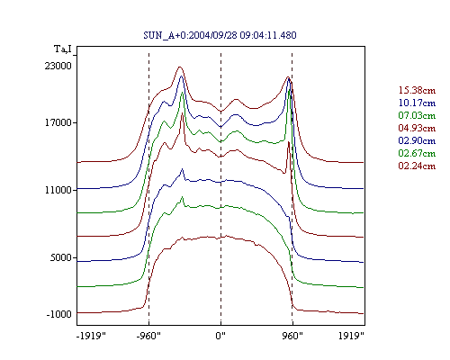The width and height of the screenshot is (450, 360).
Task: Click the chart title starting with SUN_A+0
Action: coord(220,35)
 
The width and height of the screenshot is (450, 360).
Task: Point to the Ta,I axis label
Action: coord(63,49)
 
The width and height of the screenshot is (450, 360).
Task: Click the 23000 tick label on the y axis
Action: coord(58,66)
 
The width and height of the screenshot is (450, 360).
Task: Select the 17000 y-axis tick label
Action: coord(58,122)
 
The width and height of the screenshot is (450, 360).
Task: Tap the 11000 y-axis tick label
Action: coord(58,190)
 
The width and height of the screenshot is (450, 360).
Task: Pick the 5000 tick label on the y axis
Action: coord(60,257)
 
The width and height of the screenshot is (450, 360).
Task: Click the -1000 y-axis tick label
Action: coord(58,314)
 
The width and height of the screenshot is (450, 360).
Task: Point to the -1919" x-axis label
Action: coord(91,336)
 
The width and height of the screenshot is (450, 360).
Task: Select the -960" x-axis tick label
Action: coord(148,336)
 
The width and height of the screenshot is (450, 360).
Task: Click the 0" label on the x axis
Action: coord(220,336)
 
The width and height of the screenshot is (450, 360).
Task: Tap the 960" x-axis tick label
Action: coord(292,336)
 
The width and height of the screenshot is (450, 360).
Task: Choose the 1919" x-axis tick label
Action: coord(351,336)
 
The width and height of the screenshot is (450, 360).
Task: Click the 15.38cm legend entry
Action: coord(417,90)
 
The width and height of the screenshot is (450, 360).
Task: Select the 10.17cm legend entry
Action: coord(417,103)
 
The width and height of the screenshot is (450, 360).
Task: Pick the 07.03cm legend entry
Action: coord(417,115)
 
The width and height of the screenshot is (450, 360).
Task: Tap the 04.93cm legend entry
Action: coord(417,128)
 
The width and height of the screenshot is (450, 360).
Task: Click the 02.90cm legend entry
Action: coord(417,140)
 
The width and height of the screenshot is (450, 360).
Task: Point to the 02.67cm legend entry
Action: coord(417,153)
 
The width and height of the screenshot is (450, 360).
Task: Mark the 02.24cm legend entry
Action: coord(417,166)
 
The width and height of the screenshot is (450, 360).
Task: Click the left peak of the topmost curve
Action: coord(180,67)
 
